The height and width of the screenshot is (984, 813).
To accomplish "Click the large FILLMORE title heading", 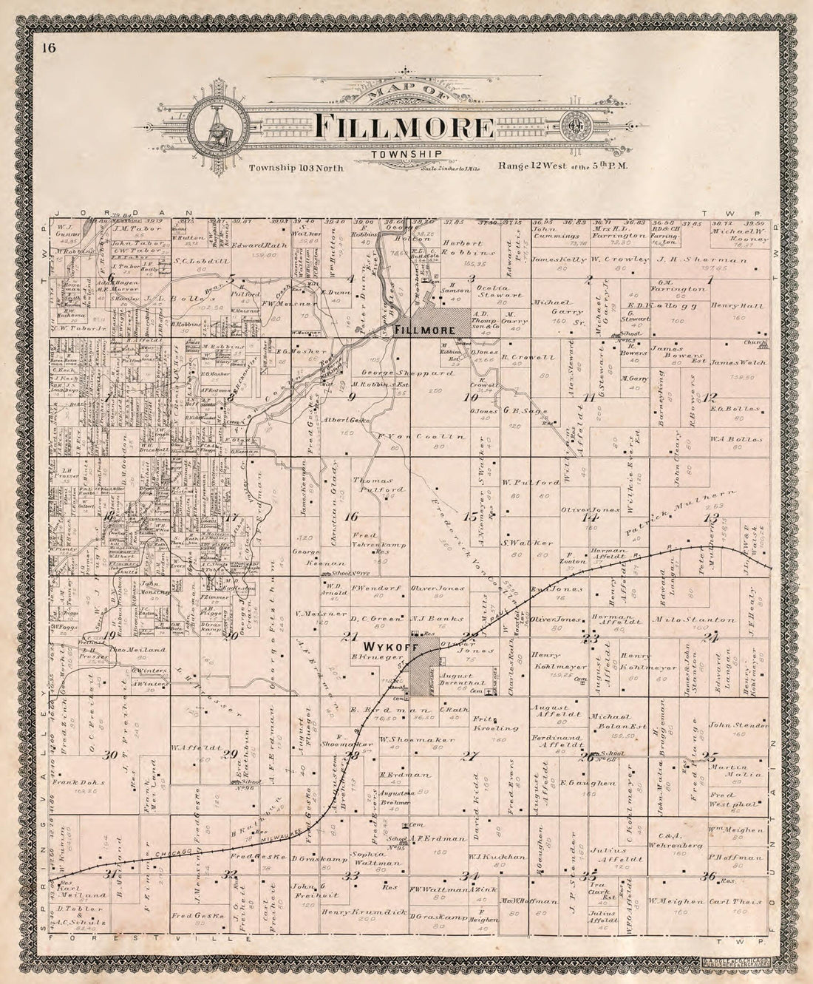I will click(404, 126).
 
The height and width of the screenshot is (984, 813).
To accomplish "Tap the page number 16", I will click(49, 49).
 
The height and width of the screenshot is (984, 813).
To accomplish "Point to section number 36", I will click(709, 878).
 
